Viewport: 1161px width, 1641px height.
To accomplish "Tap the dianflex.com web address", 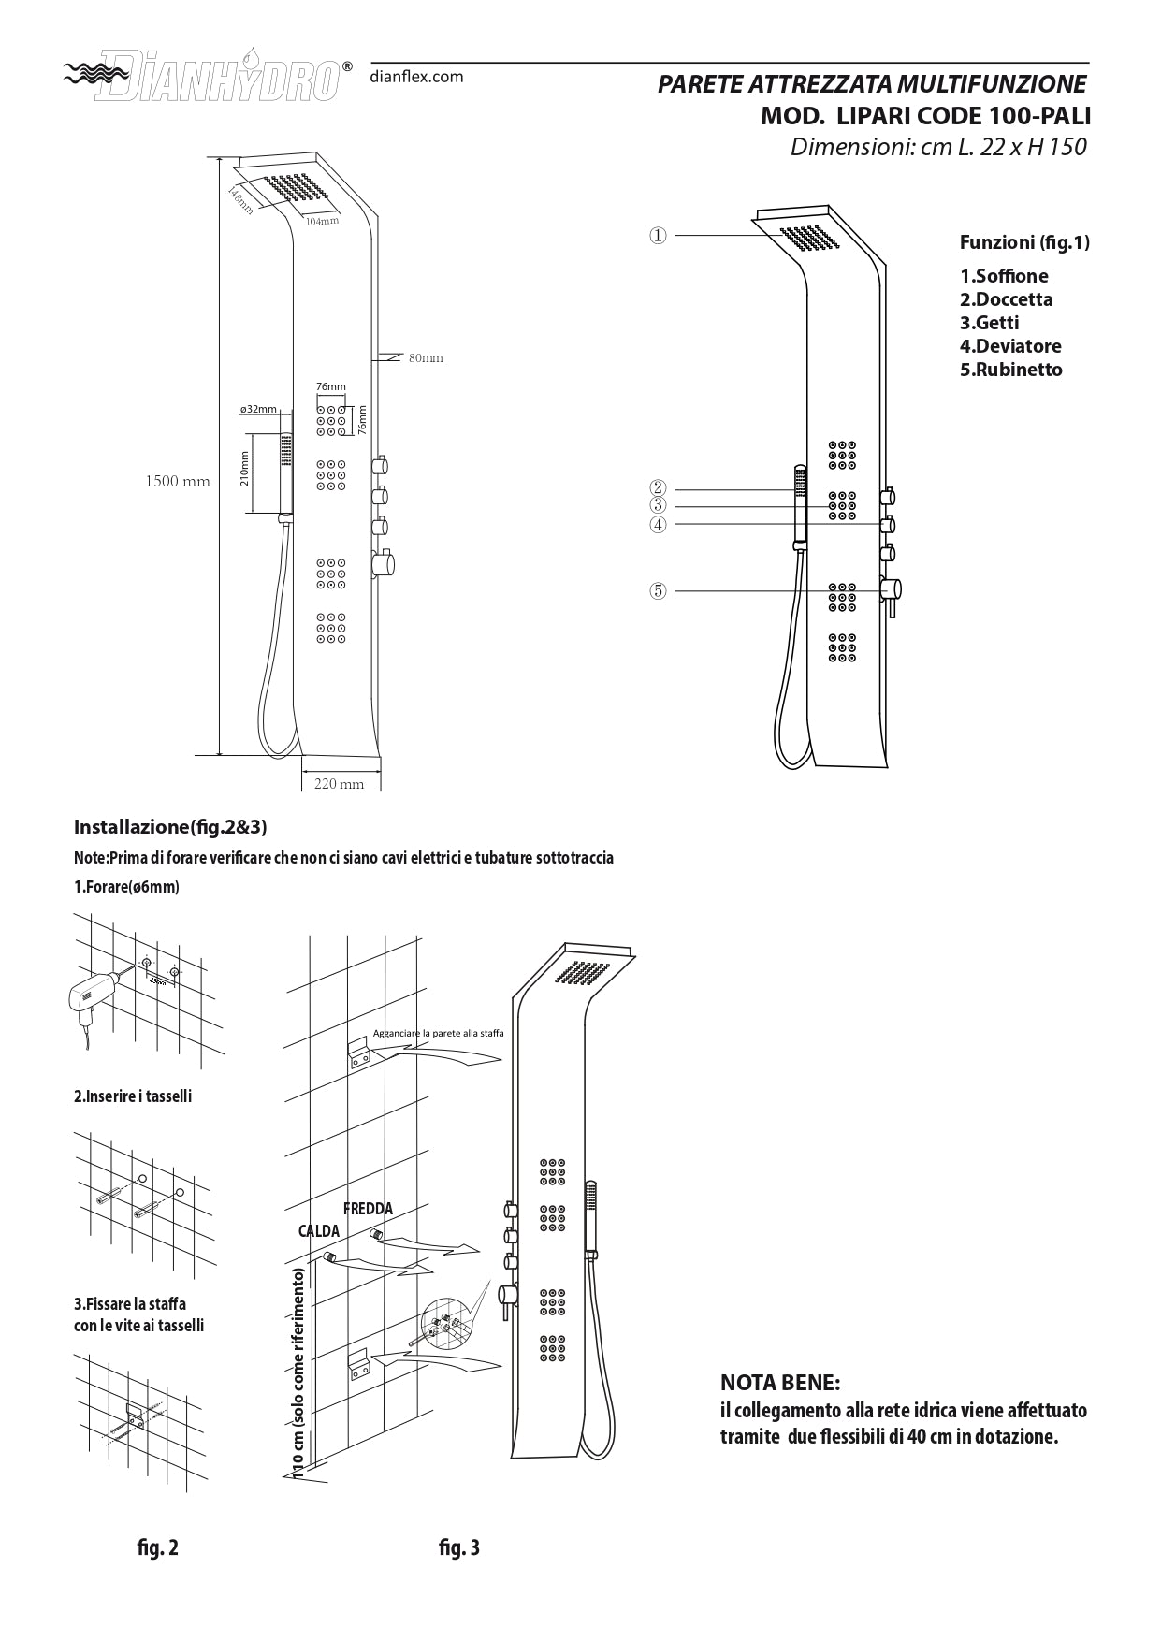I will pyautogui.click(x=416, y=77).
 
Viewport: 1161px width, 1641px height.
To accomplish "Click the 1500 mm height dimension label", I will pyautogui.click(x=177, y=482).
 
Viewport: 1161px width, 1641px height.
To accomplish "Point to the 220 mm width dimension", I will pyautogui.click(x=339, y=784).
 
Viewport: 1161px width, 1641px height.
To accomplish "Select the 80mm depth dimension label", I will pyautogui.click(x=426, y=358).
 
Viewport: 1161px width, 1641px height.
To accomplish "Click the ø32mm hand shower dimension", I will pyautogui.click(x=258, y=409).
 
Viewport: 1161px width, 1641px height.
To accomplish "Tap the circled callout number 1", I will pyautogui.click(x=659, y=236).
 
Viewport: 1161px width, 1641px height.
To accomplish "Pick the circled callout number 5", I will pyautogui.click(x=659, y=590).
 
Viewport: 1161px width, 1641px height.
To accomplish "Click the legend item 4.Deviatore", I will pyautogui.click(x=1010, y=346).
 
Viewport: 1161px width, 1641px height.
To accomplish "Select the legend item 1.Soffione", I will pyautogui.click(x=1004, y=276).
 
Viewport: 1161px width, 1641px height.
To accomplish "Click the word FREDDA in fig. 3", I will pyautogui.click(x=368, y=1209).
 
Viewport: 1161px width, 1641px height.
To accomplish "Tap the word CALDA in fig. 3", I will pyautogui.click(x=318, y=1231).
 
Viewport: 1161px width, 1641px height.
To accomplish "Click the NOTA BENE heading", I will pyautogui.click(x=780, y=1383).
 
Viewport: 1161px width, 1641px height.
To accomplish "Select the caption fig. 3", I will pyautogui.click(x=458, y=1548).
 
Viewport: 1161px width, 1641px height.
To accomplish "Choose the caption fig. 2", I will pyautogui.click(x=157, y=1548).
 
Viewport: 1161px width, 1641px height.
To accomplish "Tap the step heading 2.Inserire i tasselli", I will pyautogui.click(x=133, y=1096).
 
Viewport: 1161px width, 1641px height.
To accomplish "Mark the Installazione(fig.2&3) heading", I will pyautogui.click(x=170, y=827).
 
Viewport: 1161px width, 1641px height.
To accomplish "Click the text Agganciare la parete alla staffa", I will pyautogui.click(x=438, y=1033).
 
